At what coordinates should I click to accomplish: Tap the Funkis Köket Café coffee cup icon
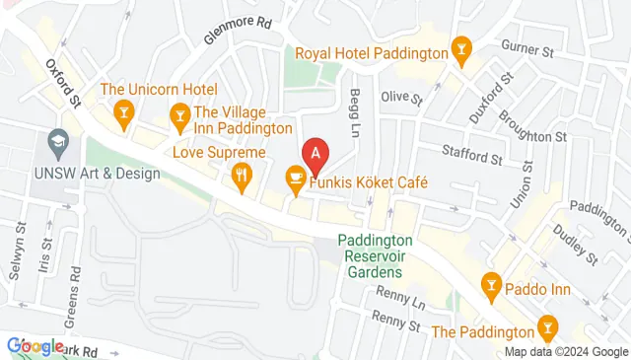pos(294,178)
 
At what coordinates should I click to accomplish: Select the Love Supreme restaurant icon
pos(242,177)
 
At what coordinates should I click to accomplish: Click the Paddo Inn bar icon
pos(490,288)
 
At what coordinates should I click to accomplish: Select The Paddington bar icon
pos(546,326)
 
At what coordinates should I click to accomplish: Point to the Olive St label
pos(401,99)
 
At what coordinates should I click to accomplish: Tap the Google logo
pos(35,345)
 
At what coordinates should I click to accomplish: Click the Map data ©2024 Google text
pos(566,352)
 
